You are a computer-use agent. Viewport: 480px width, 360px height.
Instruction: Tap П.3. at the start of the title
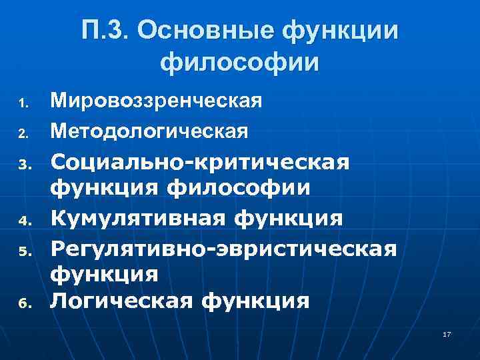pyautogui.click(x=107, y=30)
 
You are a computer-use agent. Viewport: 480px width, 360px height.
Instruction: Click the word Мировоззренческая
pyautogui.click(x=157, y=101)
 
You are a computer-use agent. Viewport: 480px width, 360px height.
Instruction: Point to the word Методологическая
pyautogui.click(x=150, y=131)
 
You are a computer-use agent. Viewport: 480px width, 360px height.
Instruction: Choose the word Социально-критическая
pyautogui.click(x=200, y=162)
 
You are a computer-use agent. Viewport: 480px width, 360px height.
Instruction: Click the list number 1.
pyautogui.click(x=22, y=103)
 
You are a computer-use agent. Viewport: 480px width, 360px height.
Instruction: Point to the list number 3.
pyautogui.click(x=22, y=164)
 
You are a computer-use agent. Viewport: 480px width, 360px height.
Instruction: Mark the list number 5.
pyautogui.click(x=22, y=251)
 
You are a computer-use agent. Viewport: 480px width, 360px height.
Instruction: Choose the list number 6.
pyautogui.click(x=22, y=303)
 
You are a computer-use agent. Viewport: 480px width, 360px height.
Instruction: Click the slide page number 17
pyautogui.click(x=447, y=333)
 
